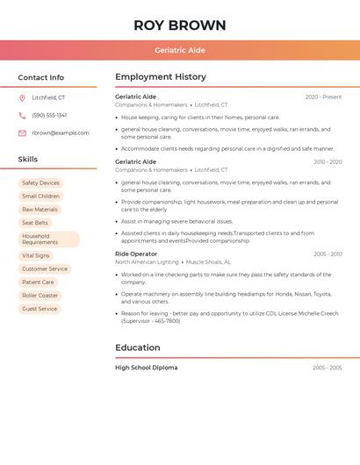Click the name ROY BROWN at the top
tap(180, 25)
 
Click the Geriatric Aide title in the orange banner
tap(180, 50)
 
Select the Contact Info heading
tap(41, 77)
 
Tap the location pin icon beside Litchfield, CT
tap(22, 98)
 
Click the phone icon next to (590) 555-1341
tap(22, 115)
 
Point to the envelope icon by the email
tap(22, 133)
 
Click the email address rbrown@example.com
tap(61, 133)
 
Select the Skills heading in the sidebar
tap(28, 160)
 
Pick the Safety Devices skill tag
tap(40, 183)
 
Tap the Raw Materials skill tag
tap(40, 210)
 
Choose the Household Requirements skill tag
tap(48, 240)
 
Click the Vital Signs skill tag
tap(36, 255)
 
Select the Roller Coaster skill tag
tap(40, 296)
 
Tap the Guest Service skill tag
tap(40, 309)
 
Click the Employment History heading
tap(161, 77)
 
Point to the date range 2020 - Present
tap(323, 97)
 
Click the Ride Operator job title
tap(136, 254)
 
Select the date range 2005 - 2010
tap(328, 254)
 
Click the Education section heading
tap(138, 347)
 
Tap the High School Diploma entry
tap(147, 368)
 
